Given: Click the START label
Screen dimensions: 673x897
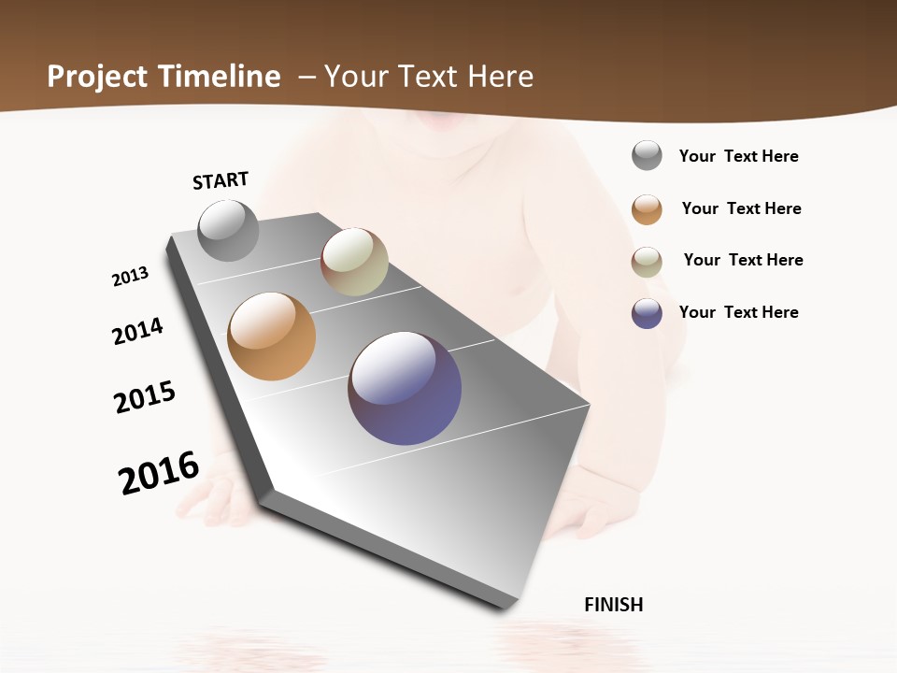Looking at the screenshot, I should pos(221,180).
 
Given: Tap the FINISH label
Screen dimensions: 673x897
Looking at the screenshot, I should pos(614,605).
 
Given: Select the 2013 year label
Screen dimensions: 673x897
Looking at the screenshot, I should pos(130,277).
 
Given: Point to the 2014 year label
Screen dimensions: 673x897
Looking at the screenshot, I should pos(137,331).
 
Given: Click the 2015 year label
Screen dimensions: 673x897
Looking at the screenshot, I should pos(145,397).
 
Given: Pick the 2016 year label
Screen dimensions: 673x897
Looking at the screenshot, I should pos(159,472).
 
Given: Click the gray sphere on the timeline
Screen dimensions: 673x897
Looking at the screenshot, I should pos(228,230).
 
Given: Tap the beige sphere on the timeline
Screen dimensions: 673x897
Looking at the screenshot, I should pos(354,262).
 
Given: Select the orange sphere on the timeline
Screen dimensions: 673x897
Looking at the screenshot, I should pos(271,336).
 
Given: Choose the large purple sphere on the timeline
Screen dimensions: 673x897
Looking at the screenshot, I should pos(405,388).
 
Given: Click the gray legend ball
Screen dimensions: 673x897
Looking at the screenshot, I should pos(647,156).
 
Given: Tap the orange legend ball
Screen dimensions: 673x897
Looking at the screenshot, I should pos(647,209).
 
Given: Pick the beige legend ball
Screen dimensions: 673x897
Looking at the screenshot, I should pos(647,262).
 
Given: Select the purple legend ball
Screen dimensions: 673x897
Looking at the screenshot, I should pos(647,313).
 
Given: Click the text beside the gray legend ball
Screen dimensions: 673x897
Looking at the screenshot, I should pos(738,156).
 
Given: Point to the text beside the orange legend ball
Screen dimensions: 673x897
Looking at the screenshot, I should pos(741,208).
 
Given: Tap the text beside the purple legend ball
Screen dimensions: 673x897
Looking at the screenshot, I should pos(738,312).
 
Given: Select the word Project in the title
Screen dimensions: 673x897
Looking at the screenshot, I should pos(98,77).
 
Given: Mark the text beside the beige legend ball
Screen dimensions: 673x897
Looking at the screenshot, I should pos(743,260).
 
